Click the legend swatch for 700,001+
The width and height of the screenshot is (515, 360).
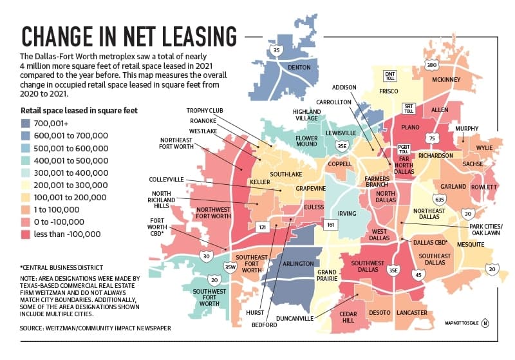[x=25, y=124]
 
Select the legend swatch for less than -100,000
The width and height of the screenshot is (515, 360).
[x=25, y=234]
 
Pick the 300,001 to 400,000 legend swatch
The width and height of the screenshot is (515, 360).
[x=25, y=173]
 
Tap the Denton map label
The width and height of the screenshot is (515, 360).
[x=299, y=68]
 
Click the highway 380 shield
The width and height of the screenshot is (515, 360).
[x=431, y=64]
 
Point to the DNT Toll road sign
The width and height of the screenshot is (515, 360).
[x=390, y=76]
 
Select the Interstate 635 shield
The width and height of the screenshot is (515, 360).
[x=440, y=199]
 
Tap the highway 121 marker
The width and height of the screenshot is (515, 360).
[x=262, y=227]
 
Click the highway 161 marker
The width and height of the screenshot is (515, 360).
[x=330, y=225]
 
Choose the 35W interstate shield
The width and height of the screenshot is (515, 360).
[x=230, y=267]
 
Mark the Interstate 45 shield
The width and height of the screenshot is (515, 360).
[x=418, y=274]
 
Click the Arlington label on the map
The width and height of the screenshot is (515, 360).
[x=298, y=263]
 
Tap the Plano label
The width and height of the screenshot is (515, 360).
[x=410, y=127]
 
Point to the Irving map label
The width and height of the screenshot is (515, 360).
[x=347, y=214]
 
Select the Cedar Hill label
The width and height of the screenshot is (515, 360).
[x=348, y=317]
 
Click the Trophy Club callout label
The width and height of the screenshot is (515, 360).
[x=205, y=111]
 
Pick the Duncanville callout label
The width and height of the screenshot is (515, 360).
[x=295, y=318]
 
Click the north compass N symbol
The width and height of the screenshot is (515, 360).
[x=485, y=323]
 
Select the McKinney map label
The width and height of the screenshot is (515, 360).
[x=446, y=79]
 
